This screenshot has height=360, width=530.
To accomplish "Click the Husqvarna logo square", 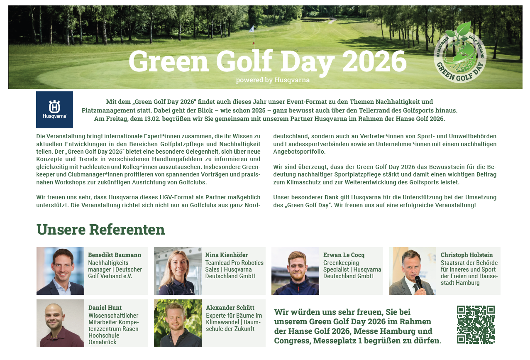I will click(x=54, y=110).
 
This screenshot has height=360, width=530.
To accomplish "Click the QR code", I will click(x=476, y=324).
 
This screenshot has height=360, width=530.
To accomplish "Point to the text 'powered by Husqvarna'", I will click(x=273, y=80).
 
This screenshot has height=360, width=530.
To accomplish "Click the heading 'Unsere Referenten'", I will click(x=100, y=229).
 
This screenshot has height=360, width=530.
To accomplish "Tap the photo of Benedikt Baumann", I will click(x=60, y=271).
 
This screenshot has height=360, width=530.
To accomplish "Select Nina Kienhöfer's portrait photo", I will click(x=178, y=271).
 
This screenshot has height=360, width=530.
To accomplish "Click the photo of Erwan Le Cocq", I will click(x=295, y=271).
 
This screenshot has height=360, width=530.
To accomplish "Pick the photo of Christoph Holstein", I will click(x=413, y=271).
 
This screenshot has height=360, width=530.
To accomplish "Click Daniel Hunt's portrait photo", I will click(x=60, y=323).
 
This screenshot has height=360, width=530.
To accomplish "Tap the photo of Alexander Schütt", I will click(x=178, y=323).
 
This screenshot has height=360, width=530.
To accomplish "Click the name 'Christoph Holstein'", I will click(x=466, y=255).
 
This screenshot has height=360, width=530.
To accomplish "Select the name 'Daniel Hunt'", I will click(x=105, y=308).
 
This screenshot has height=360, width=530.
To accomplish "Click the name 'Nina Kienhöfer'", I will click(x=226, y=255).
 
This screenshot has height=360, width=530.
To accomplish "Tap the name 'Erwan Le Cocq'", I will click(x=344, y=255).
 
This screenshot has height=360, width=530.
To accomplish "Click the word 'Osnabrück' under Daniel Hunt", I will click(x=103, y=342).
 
